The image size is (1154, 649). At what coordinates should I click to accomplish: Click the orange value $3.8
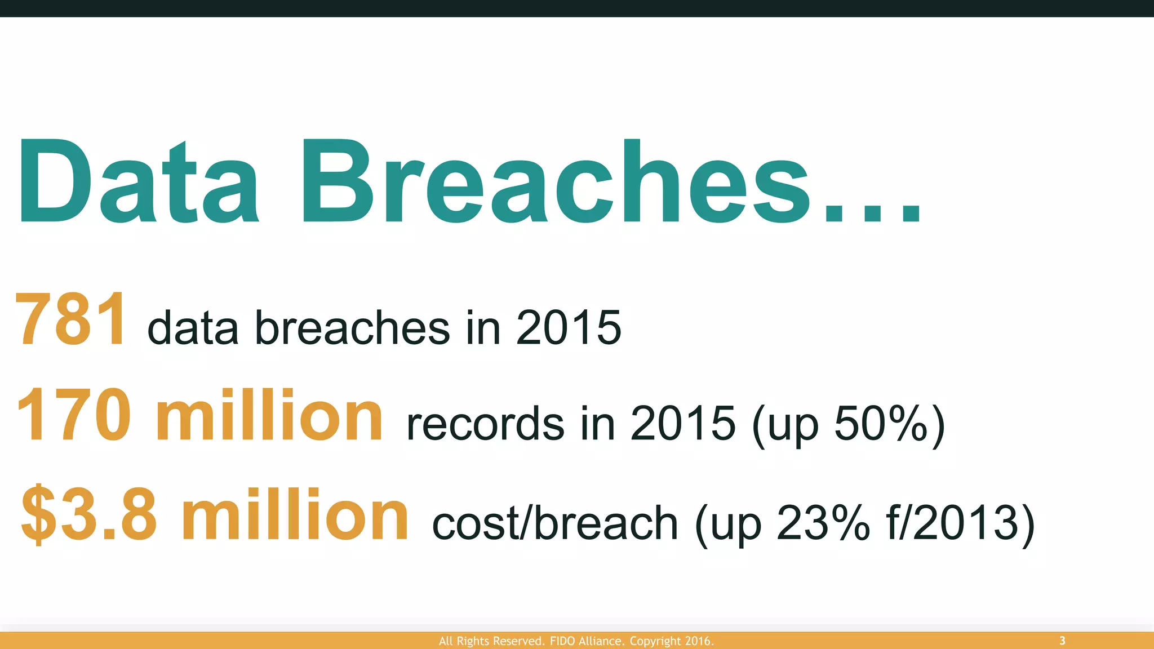tap(89, 514)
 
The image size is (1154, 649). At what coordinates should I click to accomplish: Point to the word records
tap(485, 424)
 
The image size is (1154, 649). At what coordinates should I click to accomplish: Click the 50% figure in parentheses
tap(880, 424)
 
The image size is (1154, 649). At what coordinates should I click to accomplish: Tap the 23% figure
tap(823, 523)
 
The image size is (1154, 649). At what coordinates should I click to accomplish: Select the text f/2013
tap(952, 523)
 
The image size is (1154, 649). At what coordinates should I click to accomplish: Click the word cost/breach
tap(555, 523)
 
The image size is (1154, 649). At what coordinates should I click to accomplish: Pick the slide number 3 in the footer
tap(1062, 641)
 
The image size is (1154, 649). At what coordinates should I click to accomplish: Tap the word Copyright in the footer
tap(655, 641)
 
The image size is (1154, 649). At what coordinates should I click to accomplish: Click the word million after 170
tap(270, 416)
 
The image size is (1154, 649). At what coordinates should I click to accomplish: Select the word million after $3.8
tap(295, 514)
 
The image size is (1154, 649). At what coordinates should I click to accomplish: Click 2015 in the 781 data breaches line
tap(568, 327)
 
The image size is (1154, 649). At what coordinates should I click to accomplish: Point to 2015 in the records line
tap(683, 424)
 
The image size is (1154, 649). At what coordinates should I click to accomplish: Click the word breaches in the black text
tap(353, 327)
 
